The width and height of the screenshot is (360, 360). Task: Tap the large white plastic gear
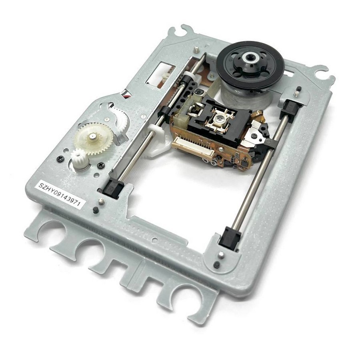94,138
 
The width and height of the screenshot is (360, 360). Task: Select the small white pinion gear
79,156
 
